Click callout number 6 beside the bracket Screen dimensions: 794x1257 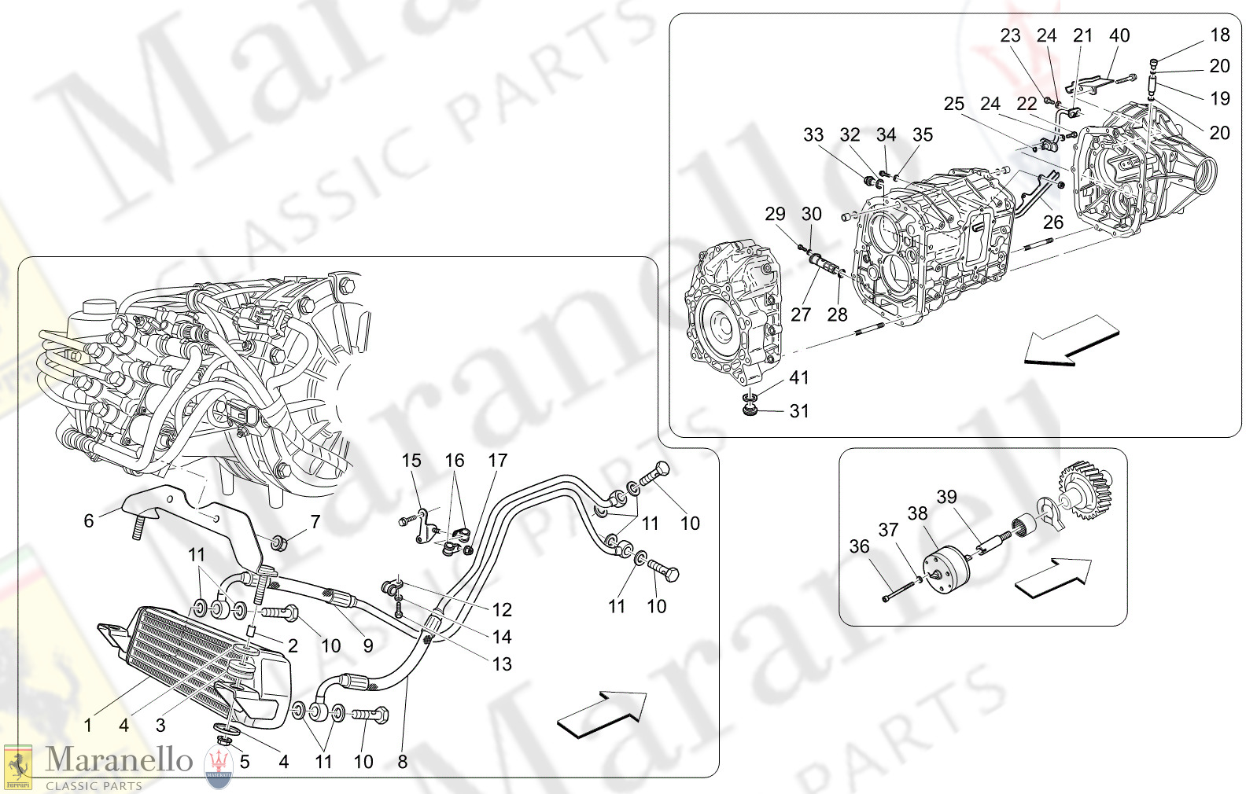[x=89, y=520]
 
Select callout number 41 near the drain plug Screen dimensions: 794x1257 [x=798, y=377]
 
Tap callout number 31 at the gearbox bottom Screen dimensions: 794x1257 [x=798, y=410]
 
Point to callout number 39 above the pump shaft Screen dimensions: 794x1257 [x=946, y=497]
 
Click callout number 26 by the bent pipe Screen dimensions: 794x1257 [x=1052, y=222]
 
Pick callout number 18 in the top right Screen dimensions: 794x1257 [x=1219, y=35]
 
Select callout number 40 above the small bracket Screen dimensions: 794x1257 [x=1119, y=35]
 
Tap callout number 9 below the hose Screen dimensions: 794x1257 [x=367, y=645]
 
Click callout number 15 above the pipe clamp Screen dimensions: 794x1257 [x=411, y=460]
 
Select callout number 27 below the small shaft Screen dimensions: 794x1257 [x=800, y=314]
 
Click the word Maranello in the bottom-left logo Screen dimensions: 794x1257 [x=118, y=759]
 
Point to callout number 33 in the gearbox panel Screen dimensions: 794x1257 [x=813, y=134]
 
